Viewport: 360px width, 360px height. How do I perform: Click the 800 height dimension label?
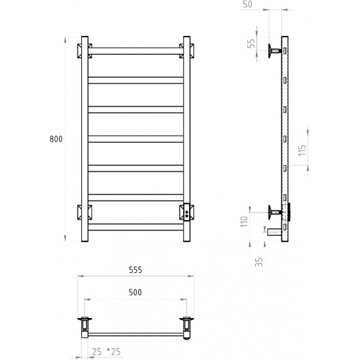pos(56,139)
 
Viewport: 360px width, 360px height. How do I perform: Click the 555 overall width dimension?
pos(135,270)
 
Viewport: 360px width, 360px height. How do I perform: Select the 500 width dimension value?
pos(135,293)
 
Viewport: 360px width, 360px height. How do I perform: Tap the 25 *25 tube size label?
pos(106,351)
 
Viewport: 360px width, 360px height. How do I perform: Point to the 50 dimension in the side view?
pos(247,4)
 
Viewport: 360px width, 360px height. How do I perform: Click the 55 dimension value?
pos(252,43)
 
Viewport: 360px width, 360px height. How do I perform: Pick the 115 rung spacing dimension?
pos(302,151)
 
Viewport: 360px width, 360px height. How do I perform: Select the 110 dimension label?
pos(244,221)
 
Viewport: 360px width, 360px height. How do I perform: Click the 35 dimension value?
pos(259,262)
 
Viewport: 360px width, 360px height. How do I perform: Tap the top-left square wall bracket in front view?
pos(84,51)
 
